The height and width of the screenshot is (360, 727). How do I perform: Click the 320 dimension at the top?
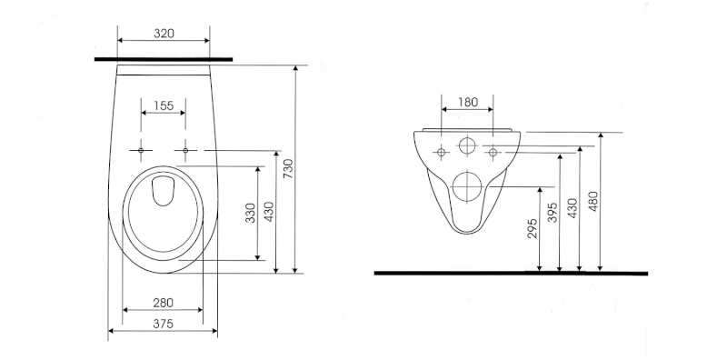coord(164,34)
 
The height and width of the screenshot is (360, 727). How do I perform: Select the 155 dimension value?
coord(164,106)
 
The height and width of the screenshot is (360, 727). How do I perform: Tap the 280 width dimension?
coord(164,302)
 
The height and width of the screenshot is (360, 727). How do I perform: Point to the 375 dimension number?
coord(164,324)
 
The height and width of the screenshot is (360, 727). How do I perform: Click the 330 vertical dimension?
coord(250,214)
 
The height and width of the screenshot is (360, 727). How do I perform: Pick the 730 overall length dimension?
coord(288,168)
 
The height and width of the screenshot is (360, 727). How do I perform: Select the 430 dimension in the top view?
coord(269,211)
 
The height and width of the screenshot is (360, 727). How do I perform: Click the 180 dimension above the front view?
coord(467,103)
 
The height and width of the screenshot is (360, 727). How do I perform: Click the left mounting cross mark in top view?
coord(142,149)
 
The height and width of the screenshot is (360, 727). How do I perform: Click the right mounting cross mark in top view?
coord(185,149)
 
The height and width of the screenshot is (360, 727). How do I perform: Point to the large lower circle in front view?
coord(467,185)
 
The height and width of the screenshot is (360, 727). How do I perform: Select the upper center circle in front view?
coord(467,146)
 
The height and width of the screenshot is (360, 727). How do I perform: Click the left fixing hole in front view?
coord(442,151)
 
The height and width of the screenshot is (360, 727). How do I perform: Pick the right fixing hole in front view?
coord(493,151)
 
